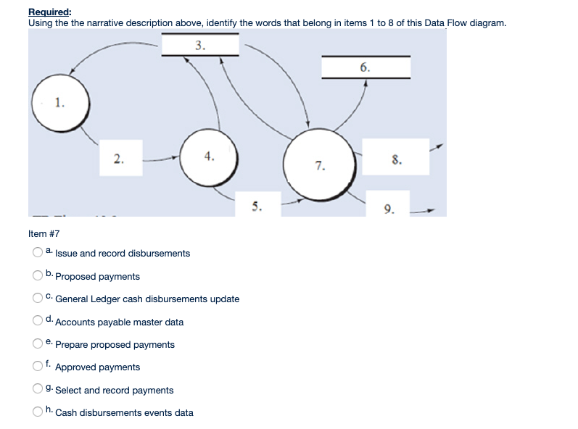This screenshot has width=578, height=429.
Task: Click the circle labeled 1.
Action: tap(59, 104)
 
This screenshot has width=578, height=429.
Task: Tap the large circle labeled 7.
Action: tap(319, 166)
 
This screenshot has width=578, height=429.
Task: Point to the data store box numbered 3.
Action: tap(200, 46)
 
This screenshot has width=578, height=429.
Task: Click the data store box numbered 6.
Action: tap(366, 67)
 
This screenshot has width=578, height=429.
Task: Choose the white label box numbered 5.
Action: tap(256, 204)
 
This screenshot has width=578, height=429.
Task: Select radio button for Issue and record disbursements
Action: tap(36, 253)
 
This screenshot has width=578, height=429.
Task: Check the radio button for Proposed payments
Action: tap(36, 276)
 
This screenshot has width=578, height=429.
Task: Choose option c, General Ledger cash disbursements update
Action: tap(36, 299)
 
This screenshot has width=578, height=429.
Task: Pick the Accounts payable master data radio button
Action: tap(36, 322)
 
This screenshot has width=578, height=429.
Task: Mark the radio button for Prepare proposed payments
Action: tap(36, 344)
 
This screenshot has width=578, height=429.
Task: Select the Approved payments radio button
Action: tap(36, 367)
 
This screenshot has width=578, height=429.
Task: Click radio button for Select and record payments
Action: tap(36, 390)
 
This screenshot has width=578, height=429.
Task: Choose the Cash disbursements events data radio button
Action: tap(36, 412)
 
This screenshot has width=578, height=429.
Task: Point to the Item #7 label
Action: tap(44, 234)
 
